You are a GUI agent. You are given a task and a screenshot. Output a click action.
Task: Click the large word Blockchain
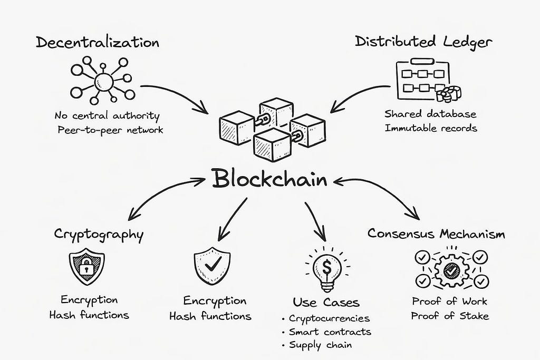coord(269,180)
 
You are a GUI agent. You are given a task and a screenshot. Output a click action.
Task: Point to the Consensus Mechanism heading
coord(436,233)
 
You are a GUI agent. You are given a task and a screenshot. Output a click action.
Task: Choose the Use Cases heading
coord(326,302)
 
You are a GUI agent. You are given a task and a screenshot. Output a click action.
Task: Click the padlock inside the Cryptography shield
coord(86,268)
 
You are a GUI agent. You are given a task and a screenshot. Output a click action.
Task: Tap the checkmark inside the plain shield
coord(212,265)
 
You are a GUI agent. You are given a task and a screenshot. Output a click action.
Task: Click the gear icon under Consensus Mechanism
coord(450,270)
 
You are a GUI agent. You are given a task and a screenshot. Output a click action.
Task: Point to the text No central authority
coord(107,115)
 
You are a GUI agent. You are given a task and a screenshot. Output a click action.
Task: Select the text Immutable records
coord(430,128)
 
